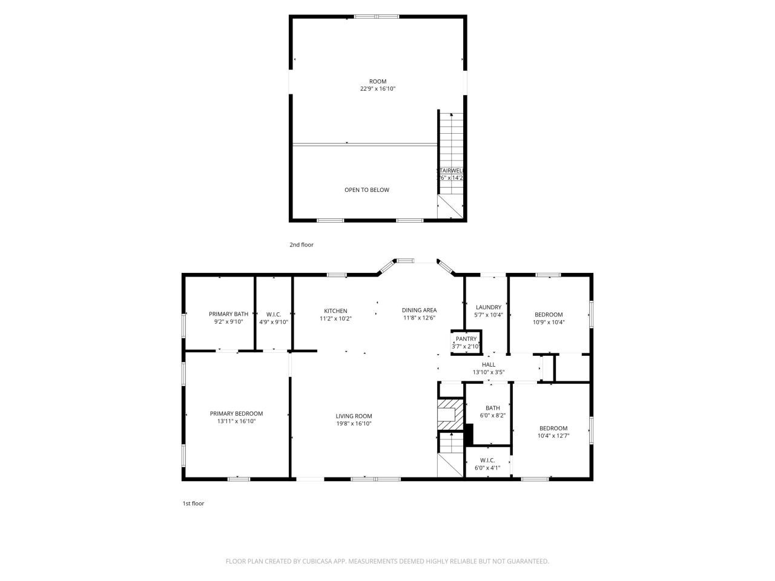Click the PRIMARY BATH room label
[228, 313]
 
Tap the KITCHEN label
[335, 310]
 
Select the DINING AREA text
[419, 310]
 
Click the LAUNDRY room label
[488, 307]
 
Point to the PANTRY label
[466, 339]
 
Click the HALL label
[489, 364]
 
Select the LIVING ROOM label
[354, 416]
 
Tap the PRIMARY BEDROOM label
[236, 413]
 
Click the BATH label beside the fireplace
[492, 408]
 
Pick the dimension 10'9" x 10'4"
[549, 322]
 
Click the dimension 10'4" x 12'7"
[553, 436]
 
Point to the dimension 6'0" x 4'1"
[488, 467]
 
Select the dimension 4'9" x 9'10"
[274, 322]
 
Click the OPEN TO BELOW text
[367, 190]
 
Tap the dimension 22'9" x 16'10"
[378, 89]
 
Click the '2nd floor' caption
[301, 245]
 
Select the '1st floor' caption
[193, 504]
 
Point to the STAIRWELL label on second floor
[451, 171]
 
